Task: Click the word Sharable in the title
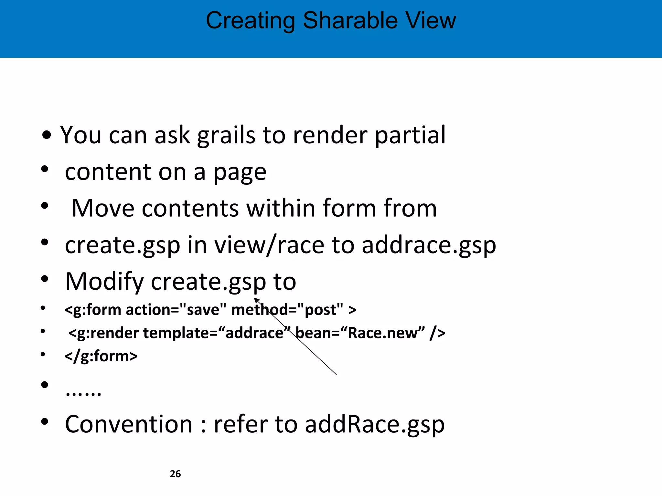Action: (x=350, y=21)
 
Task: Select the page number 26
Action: (x=175, y=474)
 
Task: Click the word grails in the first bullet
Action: (x=226, y=135)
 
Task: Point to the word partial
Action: (x=410, y=135)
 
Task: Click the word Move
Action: (x=103, y=208)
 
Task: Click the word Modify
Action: (x=104, y=282)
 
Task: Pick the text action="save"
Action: (x=176, y=310)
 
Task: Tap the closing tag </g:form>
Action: (x=101, y=356)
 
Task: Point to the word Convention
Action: (x=129, y=424)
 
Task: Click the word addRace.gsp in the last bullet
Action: (x=375, y=424)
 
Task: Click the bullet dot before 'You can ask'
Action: (x=47, y=135)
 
